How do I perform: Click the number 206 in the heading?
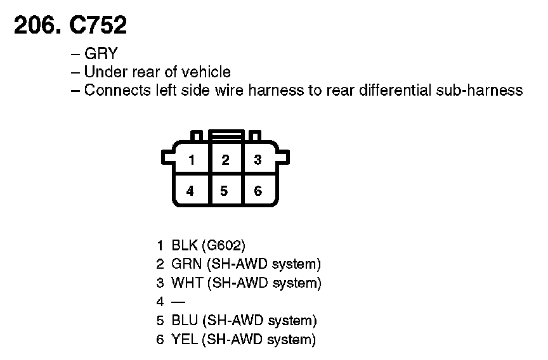click(36, 25)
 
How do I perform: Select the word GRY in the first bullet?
click(101, 55)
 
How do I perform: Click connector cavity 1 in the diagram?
click(191, 160)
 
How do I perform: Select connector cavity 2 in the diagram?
click(225, 160)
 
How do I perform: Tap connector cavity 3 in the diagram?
click(258, 160)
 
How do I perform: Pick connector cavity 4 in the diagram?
click(191, 190)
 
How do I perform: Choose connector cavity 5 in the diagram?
click(225, 190)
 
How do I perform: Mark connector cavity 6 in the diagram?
click(258, 190)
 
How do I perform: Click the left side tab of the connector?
click(167, 156)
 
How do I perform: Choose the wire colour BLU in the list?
click(184, 321)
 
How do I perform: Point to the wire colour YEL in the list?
click(184, 339)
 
